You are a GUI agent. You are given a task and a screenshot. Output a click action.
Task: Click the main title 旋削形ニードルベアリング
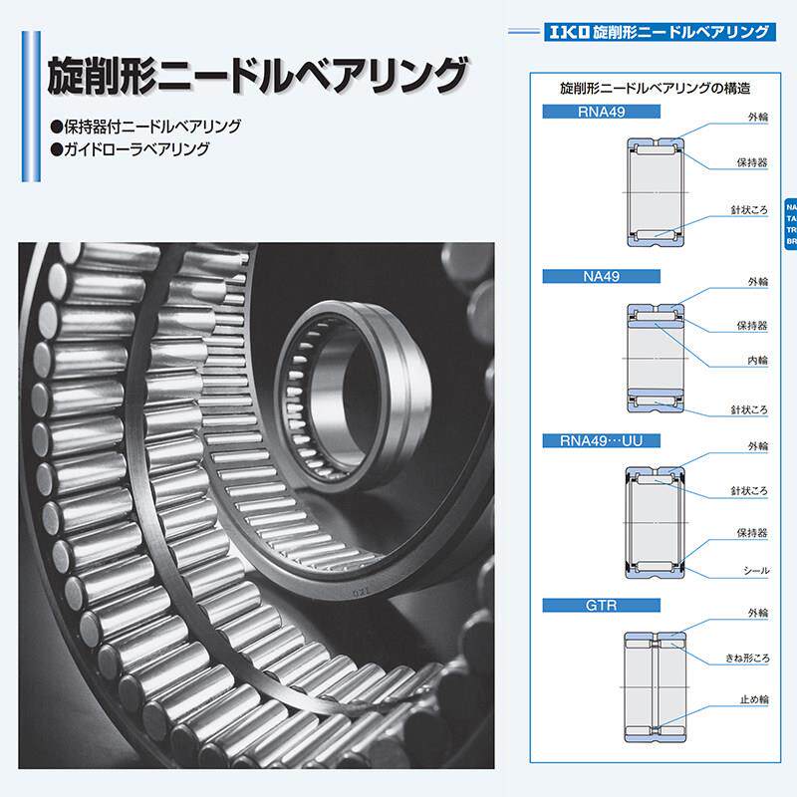click(256, 76)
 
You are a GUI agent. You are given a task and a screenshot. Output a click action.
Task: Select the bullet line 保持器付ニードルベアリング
click(145, 129)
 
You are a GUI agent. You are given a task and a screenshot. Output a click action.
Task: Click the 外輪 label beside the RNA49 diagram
click(756, 118)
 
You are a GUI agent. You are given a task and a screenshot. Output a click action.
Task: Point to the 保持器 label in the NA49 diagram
click(752, 325)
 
